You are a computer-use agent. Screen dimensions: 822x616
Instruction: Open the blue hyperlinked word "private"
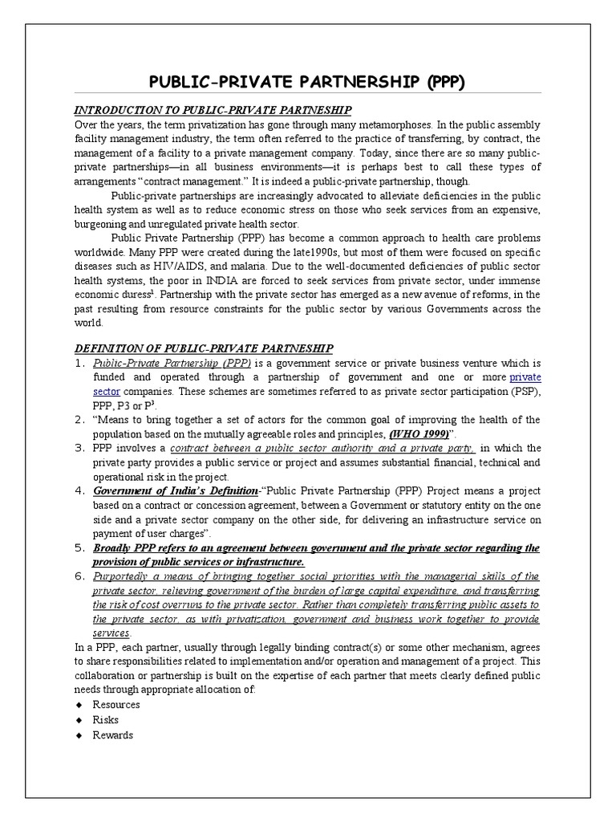tap(525, 376)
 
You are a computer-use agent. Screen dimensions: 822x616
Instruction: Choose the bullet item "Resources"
tap(116, 704)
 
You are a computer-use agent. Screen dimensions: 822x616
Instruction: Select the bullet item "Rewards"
tap(113, 735)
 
